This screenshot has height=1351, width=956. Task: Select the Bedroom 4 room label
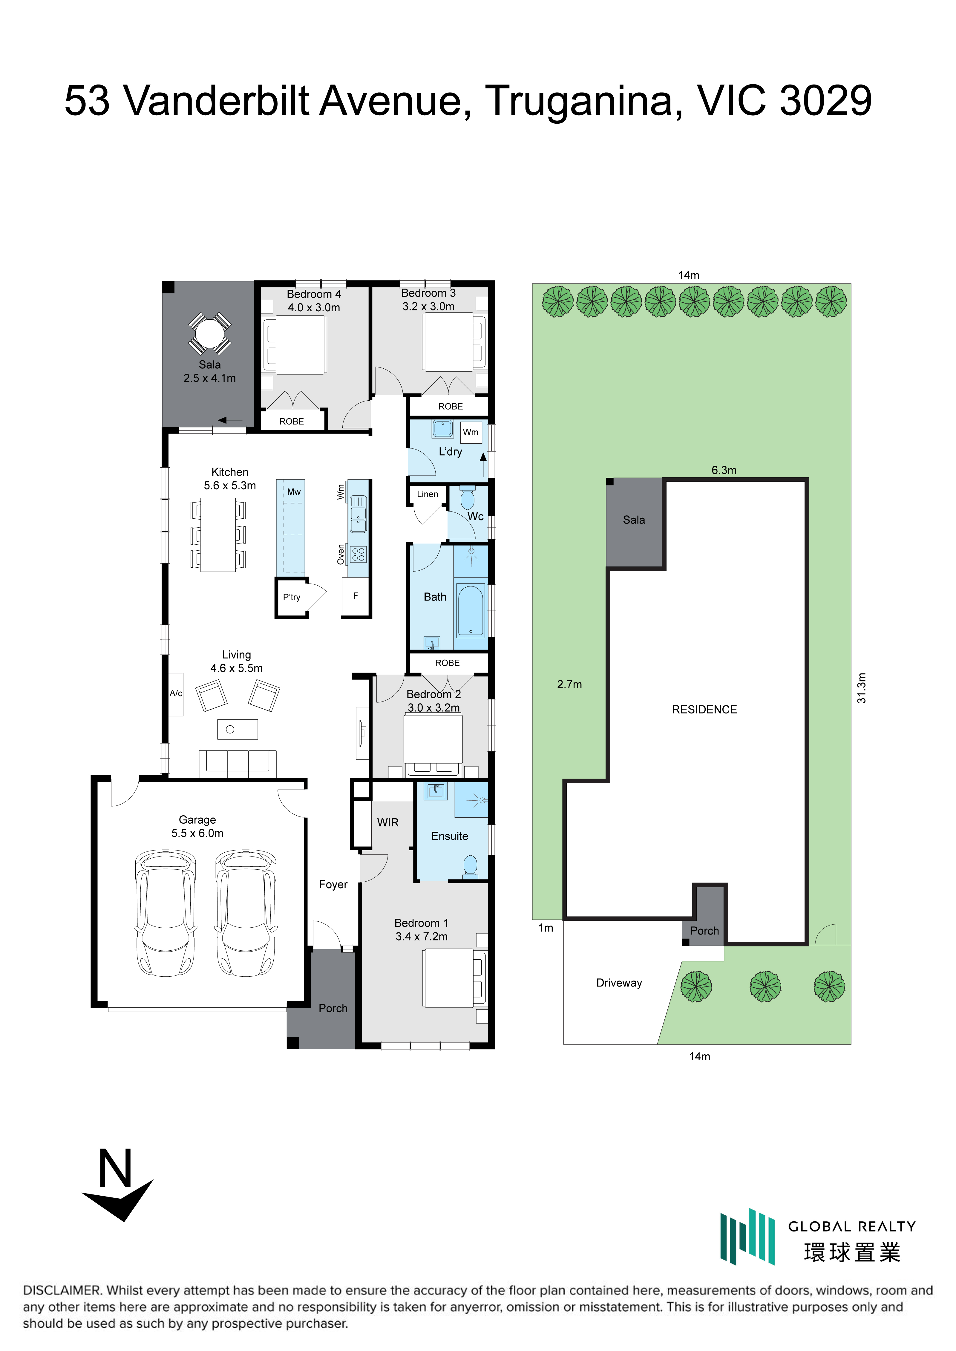(x=314, y=294)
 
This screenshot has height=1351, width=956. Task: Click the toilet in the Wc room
(x=468, y=498)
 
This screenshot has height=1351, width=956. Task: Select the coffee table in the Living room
(x=238, y=729)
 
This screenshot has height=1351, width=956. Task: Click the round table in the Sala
(x=209, y=334)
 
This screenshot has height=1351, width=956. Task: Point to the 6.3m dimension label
(x=724, y=470)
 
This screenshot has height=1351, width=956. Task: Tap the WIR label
(x=388, y=822)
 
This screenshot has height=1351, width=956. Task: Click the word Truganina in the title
(x=583, y=101)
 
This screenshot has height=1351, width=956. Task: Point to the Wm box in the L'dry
(x=471, y=432)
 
